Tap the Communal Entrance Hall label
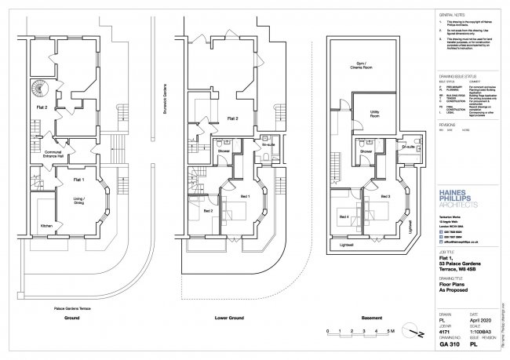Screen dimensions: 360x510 (54, 154)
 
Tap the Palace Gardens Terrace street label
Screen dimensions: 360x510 (71, 309)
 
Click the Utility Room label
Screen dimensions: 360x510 (374, 112)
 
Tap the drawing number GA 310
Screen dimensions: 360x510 (446, 343)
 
